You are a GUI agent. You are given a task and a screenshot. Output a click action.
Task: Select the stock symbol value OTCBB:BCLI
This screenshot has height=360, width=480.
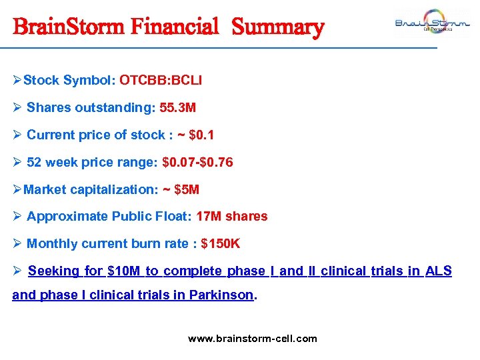click(x=161, y=81)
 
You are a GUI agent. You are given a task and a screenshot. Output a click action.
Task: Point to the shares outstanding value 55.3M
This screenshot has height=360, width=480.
click(x=177, y=108)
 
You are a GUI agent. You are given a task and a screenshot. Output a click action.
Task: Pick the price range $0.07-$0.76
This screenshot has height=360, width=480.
click(x=197, y=163)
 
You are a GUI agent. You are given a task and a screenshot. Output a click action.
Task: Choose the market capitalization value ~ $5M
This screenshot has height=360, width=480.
click(x=181, y=190)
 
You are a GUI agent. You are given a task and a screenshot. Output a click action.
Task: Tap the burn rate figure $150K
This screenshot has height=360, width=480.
click(x=220, y=244)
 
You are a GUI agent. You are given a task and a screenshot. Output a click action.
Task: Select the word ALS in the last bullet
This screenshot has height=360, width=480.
click(x=438, y=271)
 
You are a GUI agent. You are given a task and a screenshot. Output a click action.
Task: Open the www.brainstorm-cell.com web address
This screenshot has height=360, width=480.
click(x=253, y=339)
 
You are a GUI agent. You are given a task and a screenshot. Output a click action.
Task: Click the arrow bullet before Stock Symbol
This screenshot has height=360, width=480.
click(x=17, y=81)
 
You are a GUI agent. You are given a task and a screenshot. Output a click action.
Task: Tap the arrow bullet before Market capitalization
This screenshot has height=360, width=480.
click(x=17, y=190)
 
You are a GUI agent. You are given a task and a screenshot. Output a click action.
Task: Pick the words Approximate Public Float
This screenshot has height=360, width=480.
click(x=106, y=217)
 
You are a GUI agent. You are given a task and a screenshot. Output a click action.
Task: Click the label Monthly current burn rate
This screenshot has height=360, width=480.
click(x=107, y=244)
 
